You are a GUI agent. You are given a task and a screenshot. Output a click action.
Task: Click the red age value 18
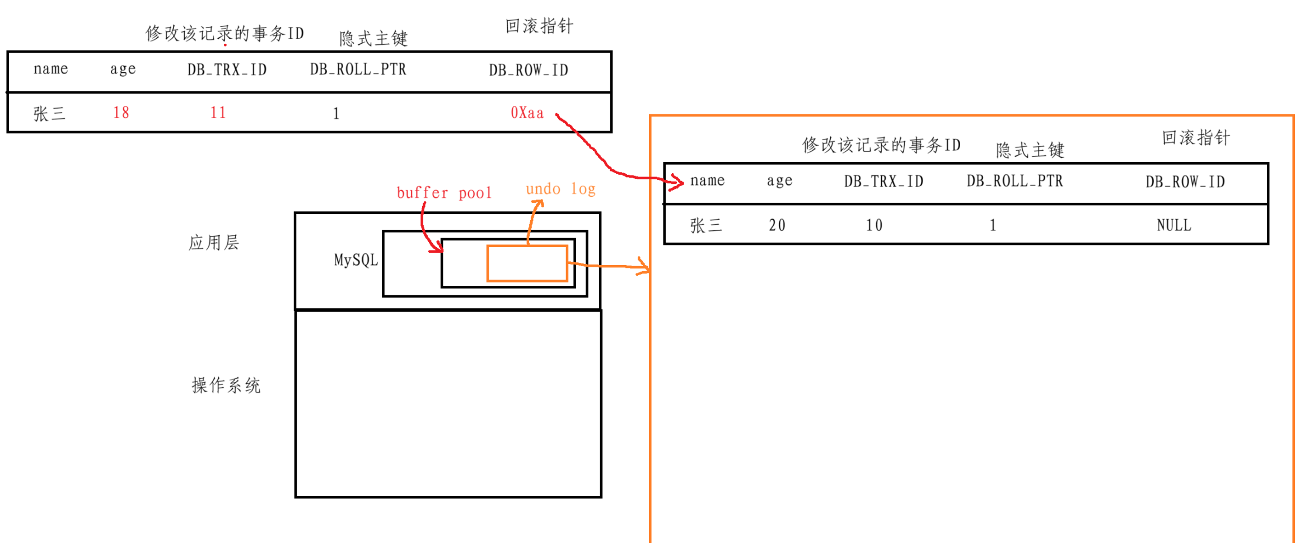tap(121, 113)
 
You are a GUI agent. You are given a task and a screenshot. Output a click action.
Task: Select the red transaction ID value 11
tap(218, 113)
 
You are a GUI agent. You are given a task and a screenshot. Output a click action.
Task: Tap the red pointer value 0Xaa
tap(527, 113)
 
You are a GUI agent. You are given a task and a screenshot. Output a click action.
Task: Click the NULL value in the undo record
tap(1174, 225)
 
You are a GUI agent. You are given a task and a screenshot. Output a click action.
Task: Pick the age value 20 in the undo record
tap(777, 225)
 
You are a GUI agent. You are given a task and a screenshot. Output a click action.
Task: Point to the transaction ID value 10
tap(874, 225)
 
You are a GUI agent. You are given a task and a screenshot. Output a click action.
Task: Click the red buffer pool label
tap(444, 193)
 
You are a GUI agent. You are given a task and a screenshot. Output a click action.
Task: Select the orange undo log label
tap(560, 189)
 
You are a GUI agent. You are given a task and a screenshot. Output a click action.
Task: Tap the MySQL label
tap(356, 260)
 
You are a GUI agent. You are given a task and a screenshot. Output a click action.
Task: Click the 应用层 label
tap(214, 243)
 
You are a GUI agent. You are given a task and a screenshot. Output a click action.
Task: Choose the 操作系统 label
tap(226, 386)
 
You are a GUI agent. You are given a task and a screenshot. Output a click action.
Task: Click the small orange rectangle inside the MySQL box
tap(527, 263)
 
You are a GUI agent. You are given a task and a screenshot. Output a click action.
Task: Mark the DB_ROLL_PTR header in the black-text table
tap(1015, 181)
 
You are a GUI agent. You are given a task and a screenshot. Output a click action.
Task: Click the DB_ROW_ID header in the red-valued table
tap(529, 70)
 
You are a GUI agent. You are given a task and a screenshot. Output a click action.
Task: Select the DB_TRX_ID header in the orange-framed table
tap(883, 181)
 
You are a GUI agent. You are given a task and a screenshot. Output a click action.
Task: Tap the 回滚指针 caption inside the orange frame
tap(1196, 138)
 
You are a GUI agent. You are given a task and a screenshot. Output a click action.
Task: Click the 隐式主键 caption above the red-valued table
tap(373, 39)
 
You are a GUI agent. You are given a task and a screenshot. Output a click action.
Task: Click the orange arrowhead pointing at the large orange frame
tap(644, 267)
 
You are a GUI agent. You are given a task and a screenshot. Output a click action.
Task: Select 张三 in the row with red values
tap(49, 114)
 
